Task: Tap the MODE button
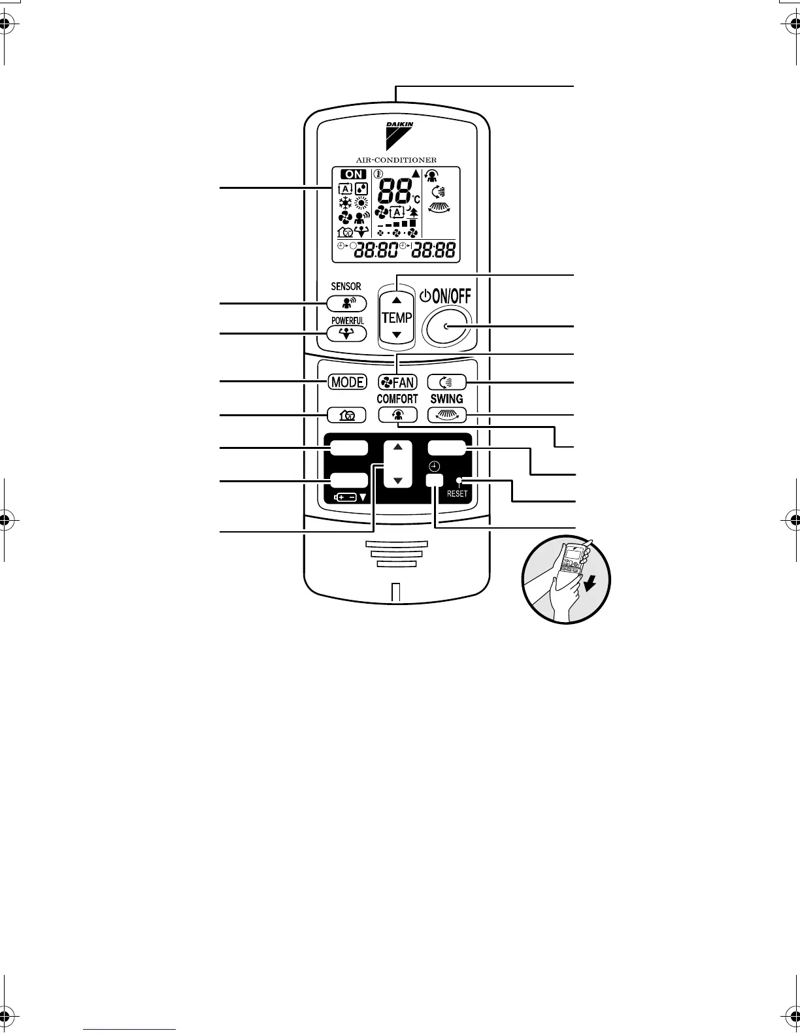click(x=347, y=382)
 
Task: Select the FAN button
click(x=397, y=382)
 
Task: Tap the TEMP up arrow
click(x=397, y=300)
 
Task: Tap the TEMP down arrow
click(x=397, y=335)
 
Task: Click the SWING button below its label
click(x=447, y=414)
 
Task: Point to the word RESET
click(x=458, y=494)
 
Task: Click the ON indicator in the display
click(x=354, y=174)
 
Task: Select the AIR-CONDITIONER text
click(x=396, y=160)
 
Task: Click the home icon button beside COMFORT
click(x=346, y=414)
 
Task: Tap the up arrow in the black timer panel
click(x=398, y=450)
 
